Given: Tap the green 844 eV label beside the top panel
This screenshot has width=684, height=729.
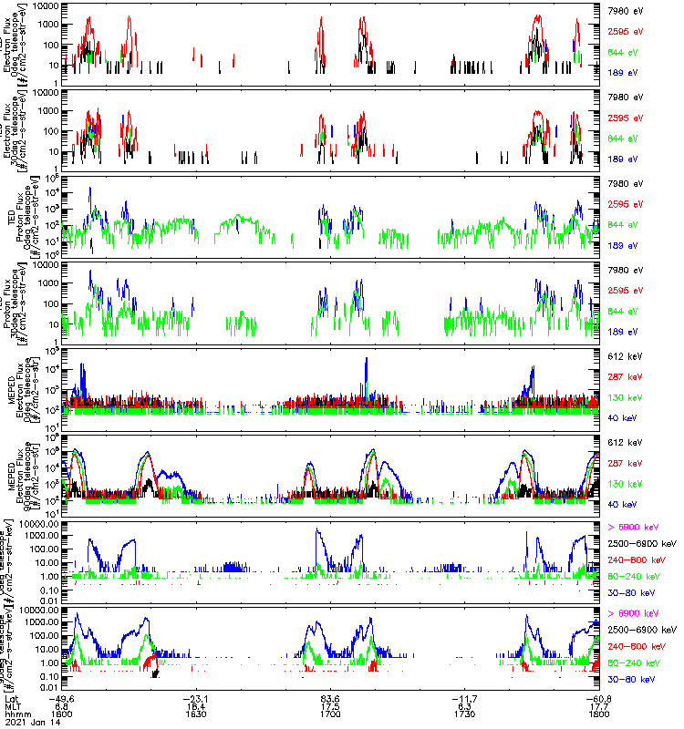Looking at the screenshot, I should (x=621, y=51).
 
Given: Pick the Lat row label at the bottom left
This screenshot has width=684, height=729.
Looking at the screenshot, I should (x=13, y=698).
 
